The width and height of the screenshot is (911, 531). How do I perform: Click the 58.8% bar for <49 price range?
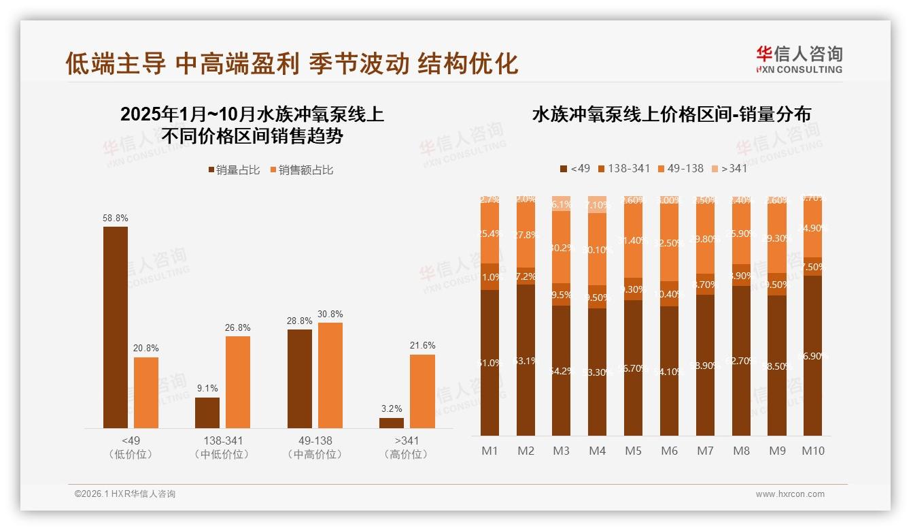coord(116,327)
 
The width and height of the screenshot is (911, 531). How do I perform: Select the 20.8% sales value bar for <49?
coord(146,393)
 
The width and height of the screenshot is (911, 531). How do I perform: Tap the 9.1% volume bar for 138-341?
coord(207,413)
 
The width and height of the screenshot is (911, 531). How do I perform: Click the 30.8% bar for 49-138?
coord(330,375)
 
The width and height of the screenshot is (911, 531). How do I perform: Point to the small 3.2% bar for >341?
coord(392,423)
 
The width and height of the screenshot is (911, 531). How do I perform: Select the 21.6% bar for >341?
coord(422,391)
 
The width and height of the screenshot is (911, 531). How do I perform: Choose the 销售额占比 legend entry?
coord(302,170)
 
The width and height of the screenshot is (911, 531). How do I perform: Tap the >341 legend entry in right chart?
coord(729,168)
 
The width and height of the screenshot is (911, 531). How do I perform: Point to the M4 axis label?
coord(597,451)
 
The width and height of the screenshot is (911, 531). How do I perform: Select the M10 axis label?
coord(812,451)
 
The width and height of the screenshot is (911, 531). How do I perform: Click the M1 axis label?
coord(489,451)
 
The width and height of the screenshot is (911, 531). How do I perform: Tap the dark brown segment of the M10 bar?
coord(812,355)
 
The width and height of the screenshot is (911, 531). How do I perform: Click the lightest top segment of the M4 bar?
coord(597,204)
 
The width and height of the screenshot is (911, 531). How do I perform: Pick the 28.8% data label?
coord(300,321)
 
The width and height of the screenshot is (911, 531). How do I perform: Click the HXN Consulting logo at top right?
coord(799,60)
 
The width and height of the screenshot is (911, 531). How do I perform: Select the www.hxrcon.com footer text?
coord(790,494)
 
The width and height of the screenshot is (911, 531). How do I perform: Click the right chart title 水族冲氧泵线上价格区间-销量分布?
coord(671,114)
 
